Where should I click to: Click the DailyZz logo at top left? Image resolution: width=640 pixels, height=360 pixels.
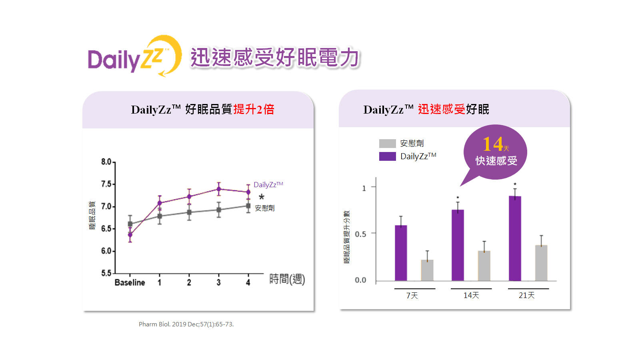click(134, 56)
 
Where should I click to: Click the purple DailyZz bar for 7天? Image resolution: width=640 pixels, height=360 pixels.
click(401, 253)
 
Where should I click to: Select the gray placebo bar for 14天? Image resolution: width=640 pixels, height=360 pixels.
click(484, 266)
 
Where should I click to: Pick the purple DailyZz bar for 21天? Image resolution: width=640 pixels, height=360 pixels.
click(515, 238)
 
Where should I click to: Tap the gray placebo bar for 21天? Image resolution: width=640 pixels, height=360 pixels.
click(541, 263)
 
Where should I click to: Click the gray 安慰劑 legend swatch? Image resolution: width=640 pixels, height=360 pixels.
click(387, 144)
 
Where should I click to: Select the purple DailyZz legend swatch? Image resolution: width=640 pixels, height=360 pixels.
click(387, 156)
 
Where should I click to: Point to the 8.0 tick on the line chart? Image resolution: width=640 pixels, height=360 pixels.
click(106, 162)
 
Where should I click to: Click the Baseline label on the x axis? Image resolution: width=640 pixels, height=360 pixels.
click(130, 282)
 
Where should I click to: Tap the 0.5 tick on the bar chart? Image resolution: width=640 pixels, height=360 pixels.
click(360, 234)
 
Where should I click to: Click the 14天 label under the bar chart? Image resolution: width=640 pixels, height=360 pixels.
click(471, 295)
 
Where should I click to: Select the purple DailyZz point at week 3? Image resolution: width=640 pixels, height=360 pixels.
click(219, 189)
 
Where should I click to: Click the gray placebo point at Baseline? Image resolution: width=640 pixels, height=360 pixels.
click(130, 224)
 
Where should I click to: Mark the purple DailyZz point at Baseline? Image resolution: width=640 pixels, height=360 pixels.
click(130, 235)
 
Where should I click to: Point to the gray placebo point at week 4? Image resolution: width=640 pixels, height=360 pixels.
click(248, 206)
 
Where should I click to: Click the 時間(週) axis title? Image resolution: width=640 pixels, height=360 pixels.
click(287, 279)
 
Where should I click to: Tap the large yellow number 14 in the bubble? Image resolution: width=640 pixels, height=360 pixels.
click(492, 144)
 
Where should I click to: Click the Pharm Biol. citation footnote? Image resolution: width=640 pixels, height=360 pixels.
click(186, 324)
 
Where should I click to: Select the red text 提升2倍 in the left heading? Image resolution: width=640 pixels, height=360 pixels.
click(254, 109)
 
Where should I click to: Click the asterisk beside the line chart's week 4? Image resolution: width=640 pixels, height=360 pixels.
click(262, 197)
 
